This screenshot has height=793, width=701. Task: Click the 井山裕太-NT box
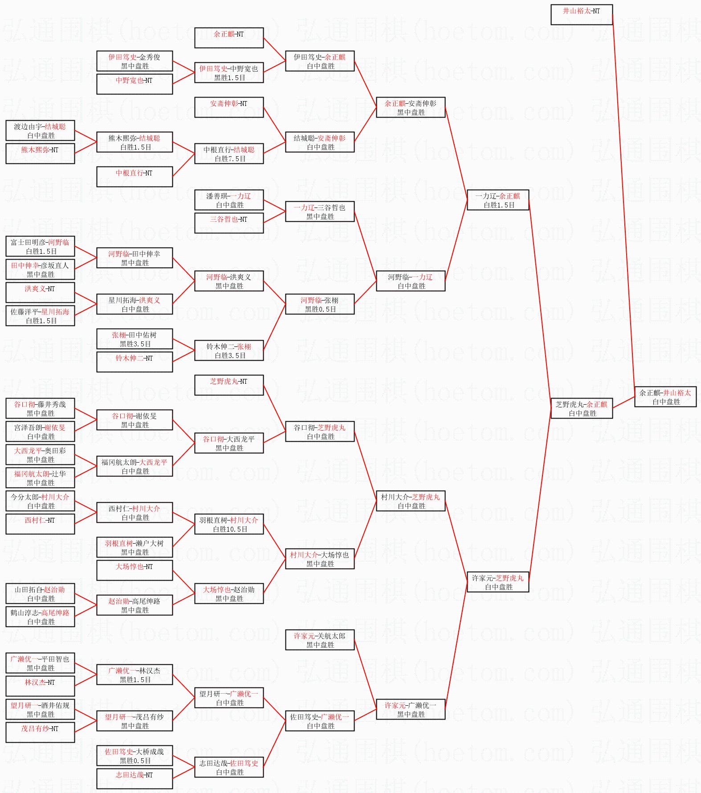[581, 15]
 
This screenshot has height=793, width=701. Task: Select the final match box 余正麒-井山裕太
[665, 397]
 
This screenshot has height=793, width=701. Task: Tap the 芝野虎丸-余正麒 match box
[581, 408]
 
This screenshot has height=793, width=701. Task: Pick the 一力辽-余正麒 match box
[497, 200]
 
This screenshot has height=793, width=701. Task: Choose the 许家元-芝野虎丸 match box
[497, 582]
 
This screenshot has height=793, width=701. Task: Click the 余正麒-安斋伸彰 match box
[410, 107]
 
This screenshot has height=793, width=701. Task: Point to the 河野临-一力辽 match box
[410, 281]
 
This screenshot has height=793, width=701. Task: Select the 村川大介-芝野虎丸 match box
[410, 501]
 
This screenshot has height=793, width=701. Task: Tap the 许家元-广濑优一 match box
[410, 709]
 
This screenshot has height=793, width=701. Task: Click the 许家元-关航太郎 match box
[319, 640]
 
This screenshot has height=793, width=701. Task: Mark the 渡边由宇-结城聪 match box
[40, 130]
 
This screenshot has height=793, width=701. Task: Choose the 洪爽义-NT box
[40, 293]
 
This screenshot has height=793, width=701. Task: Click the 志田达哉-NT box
[134, 779]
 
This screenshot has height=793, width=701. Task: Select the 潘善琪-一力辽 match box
[229, 200]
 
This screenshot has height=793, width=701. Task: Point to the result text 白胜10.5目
[230, 529]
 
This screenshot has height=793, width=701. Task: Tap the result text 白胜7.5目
[230, 159]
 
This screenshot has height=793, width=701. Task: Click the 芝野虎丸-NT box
[229, 385]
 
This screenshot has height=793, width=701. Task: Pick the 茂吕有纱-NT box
[40, 732]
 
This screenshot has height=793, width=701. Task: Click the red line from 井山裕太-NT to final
[624, 200]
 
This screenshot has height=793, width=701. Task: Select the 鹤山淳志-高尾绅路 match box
[40, 617]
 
